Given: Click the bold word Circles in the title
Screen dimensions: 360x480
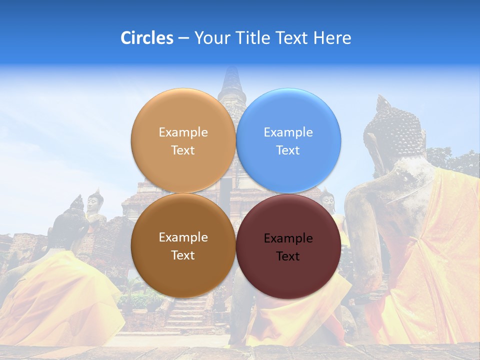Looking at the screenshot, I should point(146,38).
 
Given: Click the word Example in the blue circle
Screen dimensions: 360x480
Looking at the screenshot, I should point(288,132).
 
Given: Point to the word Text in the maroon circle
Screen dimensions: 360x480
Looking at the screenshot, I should point(288,256).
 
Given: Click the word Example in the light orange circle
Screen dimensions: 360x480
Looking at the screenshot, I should point(183,132).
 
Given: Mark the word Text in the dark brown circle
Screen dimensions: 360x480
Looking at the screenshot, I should point(183,255).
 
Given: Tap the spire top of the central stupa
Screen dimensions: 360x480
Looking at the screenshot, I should point(230,75).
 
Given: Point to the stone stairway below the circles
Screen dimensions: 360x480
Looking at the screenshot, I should point(187,315).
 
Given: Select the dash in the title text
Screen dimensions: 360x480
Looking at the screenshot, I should point(183,38).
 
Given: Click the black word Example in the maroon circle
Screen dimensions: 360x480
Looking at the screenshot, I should point(288,238).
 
